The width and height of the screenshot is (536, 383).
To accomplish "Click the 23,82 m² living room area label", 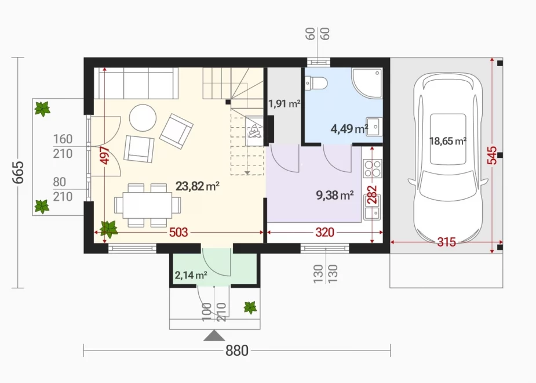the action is tap(197, 186).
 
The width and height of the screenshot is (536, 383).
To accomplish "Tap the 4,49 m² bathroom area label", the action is tap(349, 129).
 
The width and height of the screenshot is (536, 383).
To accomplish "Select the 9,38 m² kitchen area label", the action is tap(335, 195).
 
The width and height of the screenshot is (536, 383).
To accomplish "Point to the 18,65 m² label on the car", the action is tap(448, 140).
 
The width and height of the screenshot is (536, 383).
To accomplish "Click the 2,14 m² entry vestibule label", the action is tap(191, 275).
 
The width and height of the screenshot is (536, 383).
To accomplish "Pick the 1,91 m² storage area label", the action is tap(284, 103).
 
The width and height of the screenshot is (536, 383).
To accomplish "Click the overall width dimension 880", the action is tap(237, 351).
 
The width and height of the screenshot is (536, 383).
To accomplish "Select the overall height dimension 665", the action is tap(18, 172).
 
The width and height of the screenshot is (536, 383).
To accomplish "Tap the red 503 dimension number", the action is tap(178, 232).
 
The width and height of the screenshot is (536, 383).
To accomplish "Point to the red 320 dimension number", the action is tap(324, 232).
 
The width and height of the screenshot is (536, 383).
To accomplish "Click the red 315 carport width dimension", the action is tap(446, 242).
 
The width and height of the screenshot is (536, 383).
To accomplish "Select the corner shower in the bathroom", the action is tap(367, 83).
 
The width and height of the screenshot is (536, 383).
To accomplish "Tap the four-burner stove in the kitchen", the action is tap(373, 169).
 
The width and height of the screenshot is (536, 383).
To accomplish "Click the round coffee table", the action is tap(143, 117).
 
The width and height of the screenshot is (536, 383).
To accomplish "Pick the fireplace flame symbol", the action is tap(254, 131).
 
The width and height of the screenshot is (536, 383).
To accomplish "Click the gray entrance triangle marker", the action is tap(214, 336).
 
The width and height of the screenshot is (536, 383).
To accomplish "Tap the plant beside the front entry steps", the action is tap(250, 308).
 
